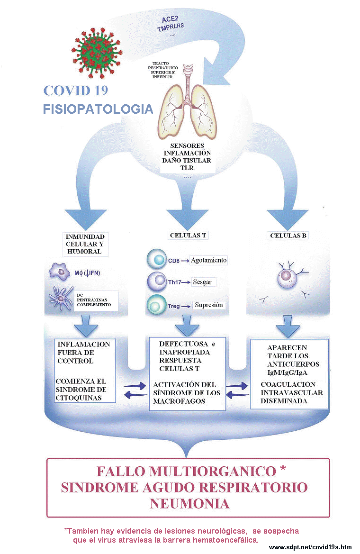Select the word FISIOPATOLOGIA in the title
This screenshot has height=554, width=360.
[x=98, y=109]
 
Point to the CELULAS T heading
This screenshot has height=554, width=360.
[x=188, y=235]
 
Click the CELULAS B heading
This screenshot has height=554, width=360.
[x=288, y=236]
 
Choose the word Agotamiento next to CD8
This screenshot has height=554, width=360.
[x=209, y=260]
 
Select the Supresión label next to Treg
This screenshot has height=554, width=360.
[x=208, y=305]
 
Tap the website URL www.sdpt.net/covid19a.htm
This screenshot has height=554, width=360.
[x=310, y=547]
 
